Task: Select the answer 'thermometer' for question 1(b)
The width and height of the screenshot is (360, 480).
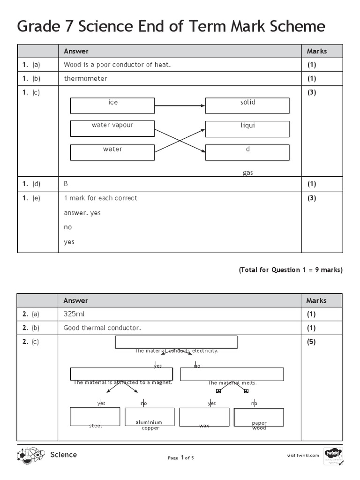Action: point(85,78)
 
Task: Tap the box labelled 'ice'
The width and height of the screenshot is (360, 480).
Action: point(112,105)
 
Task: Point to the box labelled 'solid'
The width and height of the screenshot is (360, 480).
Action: point(247,105)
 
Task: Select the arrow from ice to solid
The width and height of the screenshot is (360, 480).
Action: point(180,105)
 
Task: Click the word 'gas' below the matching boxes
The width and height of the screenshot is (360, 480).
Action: point(247,172)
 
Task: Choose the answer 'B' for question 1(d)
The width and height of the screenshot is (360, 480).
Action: point(66,184)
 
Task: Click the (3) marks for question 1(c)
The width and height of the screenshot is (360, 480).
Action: point(312,92)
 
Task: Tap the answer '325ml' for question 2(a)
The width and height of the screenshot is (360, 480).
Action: point(74,314)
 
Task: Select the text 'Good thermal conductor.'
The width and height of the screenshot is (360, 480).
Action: point(102,328)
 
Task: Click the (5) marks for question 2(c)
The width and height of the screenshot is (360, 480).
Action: point(311,342)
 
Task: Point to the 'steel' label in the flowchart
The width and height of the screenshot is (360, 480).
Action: point(95,426)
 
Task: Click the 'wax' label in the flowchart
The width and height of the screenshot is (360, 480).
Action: point(204,426)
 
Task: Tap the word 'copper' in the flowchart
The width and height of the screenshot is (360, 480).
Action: point(150,428)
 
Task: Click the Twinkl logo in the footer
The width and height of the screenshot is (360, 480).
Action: point(333,455)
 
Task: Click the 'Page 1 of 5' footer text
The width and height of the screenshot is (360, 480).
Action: point(180,458)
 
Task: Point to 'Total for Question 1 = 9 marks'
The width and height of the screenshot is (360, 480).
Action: point(291,270)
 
